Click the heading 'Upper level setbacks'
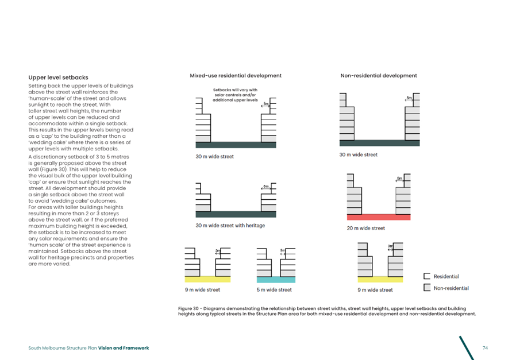[x=58, y=78]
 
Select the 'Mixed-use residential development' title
[x=236, y=75]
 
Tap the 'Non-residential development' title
[x=379, y=75]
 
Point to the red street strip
[x=379, y=217]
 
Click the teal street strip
[x=276, y=280]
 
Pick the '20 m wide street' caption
[x=366, y=229]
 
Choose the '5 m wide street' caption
[x=274, y=290]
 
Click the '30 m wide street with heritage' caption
[x=230, y=226]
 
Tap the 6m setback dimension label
[x=266, y=187]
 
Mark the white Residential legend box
[x=426, y=277]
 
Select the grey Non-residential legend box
[x=426, y=288]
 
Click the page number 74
[x=485, y=348]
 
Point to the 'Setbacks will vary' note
[x=236, y=95]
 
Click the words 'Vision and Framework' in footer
[x=124, y=348]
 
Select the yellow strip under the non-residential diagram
[x=380, y=280]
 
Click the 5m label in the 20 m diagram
[x=399, y=179]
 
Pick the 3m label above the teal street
[x=283, y=251]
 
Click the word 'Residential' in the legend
[x=446, y=277]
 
